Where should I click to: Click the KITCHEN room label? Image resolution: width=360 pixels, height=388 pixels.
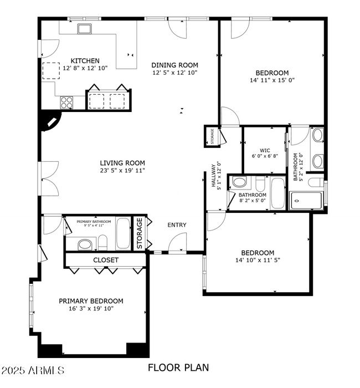point(85,61)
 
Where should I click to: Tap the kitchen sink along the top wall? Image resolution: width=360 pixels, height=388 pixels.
point(84,29)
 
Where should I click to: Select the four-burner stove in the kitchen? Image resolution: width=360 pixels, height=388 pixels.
point(67,102)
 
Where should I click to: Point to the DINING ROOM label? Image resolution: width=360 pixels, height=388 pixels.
point(174,65)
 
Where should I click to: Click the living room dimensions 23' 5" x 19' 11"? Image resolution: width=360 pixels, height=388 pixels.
point(122,171)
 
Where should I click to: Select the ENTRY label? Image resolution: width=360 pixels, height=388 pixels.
point(177,225)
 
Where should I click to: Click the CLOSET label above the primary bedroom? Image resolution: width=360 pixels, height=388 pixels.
point(106,259)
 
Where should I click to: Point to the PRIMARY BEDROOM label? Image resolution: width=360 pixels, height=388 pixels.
point(91,301)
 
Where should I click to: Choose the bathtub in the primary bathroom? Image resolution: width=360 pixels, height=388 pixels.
point(124,233)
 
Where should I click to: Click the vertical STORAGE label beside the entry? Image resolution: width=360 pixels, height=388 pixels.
point(140,233)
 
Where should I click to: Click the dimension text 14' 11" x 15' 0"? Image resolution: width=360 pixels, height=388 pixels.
point(272,80)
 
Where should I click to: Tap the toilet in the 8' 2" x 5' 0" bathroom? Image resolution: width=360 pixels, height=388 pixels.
point(240,182)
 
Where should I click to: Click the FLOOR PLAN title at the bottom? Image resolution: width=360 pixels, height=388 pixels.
point(178,367)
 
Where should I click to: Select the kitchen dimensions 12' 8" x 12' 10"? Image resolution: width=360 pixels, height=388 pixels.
point(85,68)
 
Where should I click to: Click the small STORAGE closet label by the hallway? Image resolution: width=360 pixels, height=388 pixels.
point(212,137)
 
